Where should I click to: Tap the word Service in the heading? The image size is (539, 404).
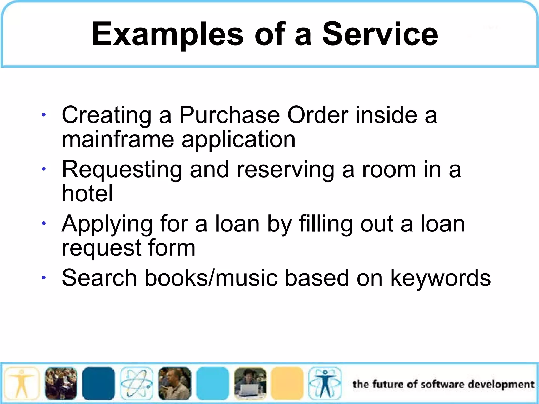(380, 34)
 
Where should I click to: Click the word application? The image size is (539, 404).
(238, 140)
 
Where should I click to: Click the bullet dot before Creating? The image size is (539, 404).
(44, 115)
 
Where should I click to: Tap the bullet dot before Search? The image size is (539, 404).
(44, 277)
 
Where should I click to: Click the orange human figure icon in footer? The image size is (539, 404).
(22, 383)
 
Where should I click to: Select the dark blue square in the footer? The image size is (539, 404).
(99, 383)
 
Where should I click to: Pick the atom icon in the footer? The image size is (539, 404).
(137, 383)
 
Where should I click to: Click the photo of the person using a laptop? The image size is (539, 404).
(250, 383)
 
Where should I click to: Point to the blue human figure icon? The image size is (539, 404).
(325, 383)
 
